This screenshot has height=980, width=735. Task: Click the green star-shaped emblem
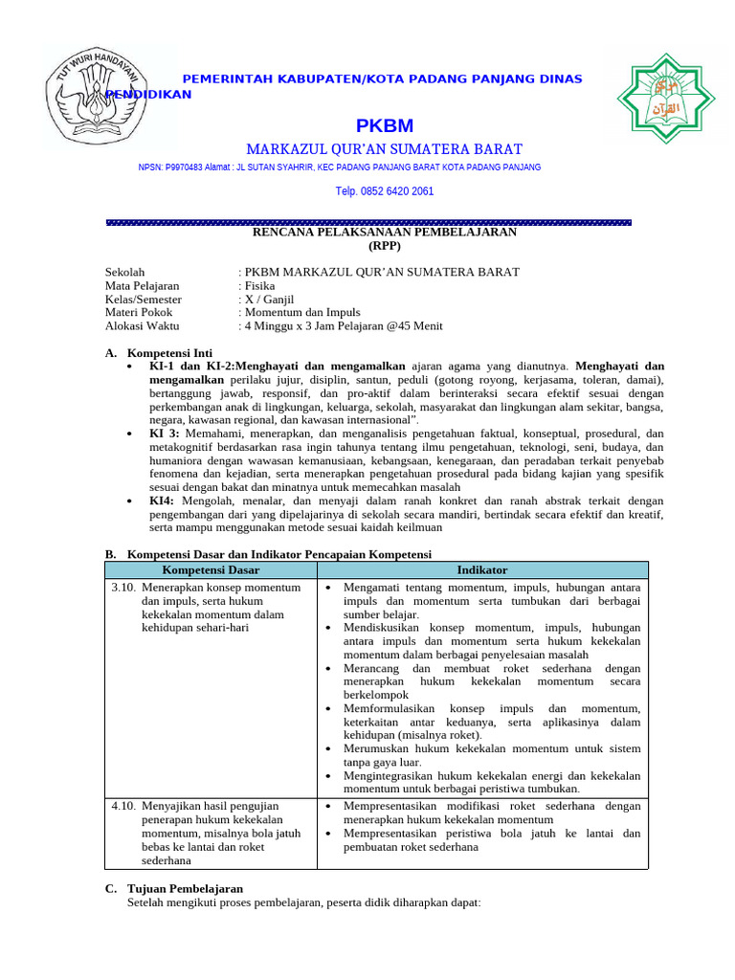pos(665,99)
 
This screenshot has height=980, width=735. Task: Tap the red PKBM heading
pos(384,126)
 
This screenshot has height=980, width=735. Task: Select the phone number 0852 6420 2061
pos(384,191)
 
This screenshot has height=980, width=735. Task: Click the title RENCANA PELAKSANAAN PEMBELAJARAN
pos(384,233)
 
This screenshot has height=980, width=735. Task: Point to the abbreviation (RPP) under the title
pos(384,245)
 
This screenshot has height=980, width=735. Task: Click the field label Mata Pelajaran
pos(142,285)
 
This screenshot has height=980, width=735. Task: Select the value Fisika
pos(260,285)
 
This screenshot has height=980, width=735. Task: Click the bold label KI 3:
pos(165,434)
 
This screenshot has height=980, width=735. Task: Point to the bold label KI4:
pos(162,501)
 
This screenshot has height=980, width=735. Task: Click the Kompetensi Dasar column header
pos(211,570)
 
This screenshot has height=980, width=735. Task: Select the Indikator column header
pos(482,570)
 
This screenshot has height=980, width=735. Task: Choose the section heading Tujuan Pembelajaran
pos(185,888)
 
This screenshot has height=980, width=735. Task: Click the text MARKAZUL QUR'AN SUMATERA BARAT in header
pos(384,149)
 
